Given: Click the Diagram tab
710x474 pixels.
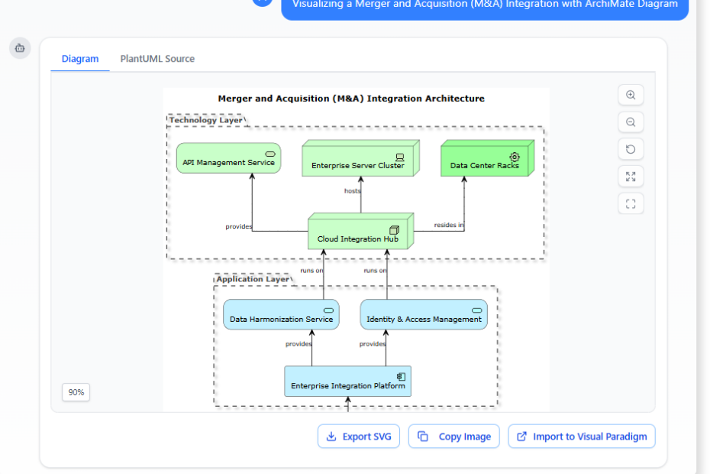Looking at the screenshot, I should coord(80,59).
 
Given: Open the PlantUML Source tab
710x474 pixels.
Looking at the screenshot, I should coord(157,59).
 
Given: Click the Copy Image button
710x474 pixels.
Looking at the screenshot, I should coord(454,437).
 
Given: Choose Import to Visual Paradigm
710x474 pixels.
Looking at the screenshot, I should coord(581,437).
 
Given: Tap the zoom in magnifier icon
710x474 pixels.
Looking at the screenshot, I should coord(631,96).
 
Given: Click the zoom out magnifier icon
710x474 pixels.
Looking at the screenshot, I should coord(631,122).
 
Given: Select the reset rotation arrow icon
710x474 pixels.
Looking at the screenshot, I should coord(631,149).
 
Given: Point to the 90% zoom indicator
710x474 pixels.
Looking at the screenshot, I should coord(76,392).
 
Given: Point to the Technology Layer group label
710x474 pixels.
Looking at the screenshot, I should coord(206,120).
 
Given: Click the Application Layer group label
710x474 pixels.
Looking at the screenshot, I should coord(252,279).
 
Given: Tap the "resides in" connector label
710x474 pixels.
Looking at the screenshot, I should coord(449,225).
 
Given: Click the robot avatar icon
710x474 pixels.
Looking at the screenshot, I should coord(20,48).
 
